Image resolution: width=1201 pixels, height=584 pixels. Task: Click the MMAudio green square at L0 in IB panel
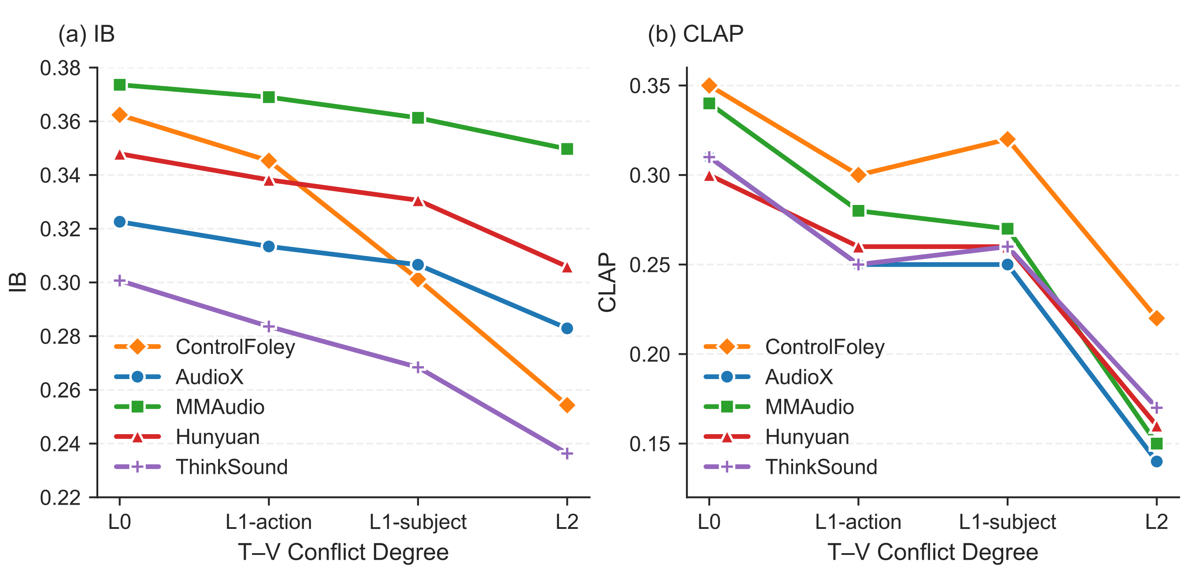(120, 85)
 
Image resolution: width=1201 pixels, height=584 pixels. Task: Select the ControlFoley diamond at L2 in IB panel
(567, 405)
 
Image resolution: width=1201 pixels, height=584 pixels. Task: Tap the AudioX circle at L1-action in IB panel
(269, 246)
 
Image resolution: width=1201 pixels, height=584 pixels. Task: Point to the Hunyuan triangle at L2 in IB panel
(567, 267)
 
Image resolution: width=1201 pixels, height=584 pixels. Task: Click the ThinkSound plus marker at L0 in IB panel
(120, 280)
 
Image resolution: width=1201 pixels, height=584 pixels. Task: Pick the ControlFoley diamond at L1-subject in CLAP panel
(1007, 139)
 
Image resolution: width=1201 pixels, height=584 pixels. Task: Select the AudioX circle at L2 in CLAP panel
(1156, 461)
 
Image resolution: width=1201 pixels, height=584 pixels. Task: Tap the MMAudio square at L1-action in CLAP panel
(858, 211)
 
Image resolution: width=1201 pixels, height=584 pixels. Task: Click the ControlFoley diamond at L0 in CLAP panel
(709, 86)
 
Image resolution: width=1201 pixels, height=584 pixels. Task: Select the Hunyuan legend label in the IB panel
(217, 437)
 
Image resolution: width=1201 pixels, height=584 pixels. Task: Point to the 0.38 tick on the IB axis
(60, 68)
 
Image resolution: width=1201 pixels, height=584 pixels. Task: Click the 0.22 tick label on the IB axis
(60, 498)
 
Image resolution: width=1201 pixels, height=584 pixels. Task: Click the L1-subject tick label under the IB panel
(418, 522)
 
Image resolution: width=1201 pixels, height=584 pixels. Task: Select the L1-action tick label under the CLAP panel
(858, 522)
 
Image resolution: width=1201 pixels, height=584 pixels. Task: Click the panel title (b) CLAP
(695, 34)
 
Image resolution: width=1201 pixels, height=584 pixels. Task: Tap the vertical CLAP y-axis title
(608, 283)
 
